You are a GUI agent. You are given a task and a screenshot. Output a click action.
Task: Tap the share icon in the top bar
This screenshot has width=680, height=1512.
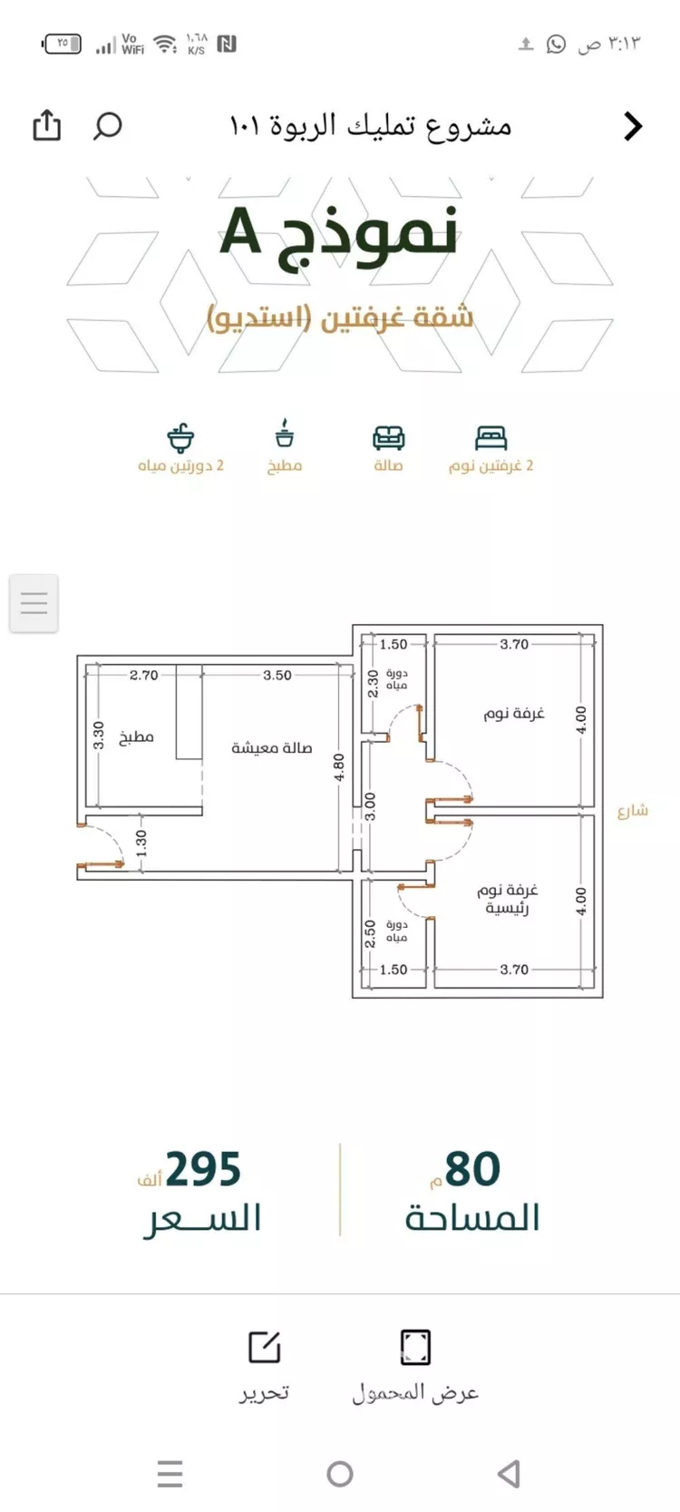click(47, 125)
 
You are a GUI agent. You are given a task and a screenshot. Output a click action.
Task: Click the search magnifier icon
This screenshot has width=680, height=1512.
click(107, 125)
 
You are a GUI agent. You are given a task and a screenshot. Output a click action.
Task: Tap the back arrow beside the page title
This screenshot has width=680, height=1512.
click(633, 125)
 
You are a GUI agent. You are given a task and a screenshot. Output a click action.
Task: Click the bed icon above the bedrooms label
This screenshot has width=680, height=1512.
click(491, 438)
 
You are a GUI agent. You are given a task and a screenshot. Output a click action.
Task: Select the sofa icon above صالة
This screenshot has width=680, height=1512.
click(389, 438)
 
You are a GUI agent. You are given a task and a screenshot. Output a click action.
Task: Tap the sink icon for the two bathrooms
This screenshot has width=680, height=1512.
click(180, 437)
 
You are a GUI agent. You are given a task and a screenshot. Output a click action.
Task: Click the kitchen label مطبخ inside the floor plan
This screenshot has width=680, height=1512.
click(136, 737)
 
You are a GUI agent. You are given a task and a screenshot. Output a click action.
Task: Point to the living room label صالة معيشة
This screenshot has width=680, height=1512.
click(272, 748)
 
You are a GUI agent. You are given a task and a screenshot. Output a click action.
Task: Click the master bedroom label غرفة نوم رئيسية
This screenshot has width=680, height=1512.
click(508, 899)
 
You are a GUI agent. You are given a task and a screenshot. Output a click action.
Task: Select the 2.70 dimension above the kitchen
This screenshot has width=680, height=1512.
click(143, 675)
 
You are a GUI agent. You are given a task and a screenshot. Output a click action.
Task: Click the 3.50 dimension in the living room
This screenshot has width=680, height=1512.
click(277, 675)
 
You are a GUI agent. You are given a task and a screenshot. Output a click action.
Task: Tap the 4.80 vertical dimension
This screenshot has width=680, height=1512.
click(339, 767)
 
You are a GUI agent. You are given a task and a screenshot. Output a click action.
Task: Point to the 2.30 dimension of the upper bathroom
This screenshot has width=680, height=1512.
click(373, 684)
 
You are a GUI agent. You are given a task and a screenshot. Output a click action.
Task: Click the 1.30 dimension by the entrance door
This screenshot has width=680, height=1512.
click(141, 844)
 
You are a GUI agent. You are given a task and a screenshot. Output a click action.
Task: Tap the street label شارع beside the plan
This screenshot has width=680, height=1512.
click(633, 810)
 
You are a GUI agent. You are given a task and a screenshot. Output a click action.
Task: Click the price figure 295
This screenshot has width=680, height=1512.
click(203, 1170)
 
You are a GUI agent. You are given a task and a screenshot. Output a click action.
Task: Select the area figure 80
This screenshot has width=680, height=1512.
click(472, 1170)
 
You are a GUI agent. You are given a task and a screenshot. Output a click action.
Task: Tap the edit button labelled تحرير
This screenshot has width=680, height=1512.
click(264, 1366)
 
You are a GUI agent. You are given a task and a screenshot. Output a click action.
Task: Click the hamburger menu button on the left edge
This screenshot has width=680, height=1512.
click(34, 603)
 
